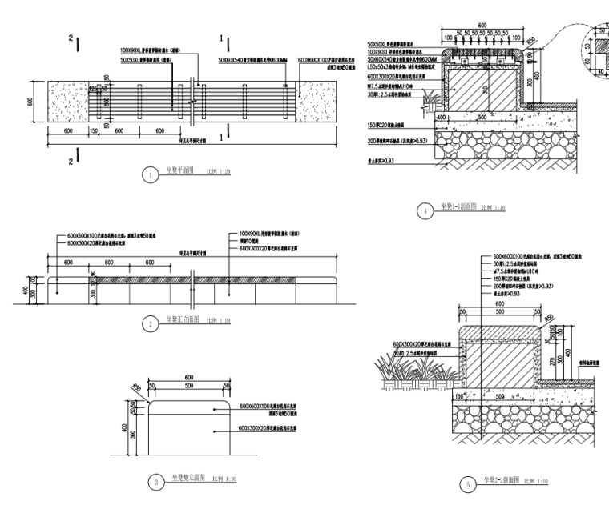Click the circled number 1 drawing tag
pyautogui.click(x=147, y=173)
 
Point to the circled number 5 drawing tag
pyautogui.click(x=467, y=481)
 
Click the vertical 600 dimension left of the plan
pyautogui.click(x=30, y=102)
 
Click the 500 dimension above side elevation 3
pyautogui.click(x=188, y=385)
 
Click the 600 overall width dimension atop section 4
pyautogui.click(x=481, y=26)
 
